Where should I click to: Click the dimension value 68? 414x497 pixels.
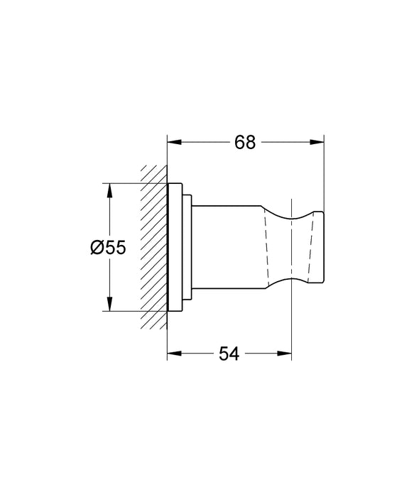(245, 142)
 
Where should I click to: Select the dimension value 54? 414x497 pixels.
(229, 354)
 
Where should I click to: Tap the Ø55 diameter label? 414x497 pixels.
(108, 247)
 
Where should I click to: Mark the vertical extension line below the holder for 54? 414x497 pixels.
(292, 327)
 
